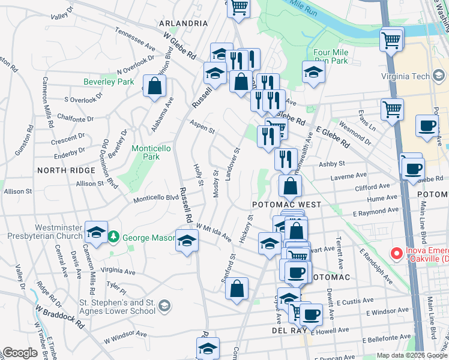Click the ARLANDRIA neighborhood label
(183, 23)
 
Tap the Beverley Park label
(108, 82)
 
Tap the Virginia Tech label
(414, 76)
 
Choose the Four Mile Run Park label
(330, 56)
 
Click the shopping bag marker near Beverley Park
(155, 85)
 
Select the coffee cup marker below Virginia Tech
(427, 126)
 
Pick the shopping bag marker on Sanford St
(237, 288)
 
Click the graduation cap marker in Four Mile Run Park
(313, 72)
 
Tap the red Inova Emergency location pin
(396, 254)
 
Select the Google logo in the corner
(19, 353)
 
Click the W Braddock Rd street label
(59, 316)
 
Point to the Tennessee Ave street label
(135, 38)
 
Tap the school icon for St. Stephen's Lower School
(164, 307)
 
